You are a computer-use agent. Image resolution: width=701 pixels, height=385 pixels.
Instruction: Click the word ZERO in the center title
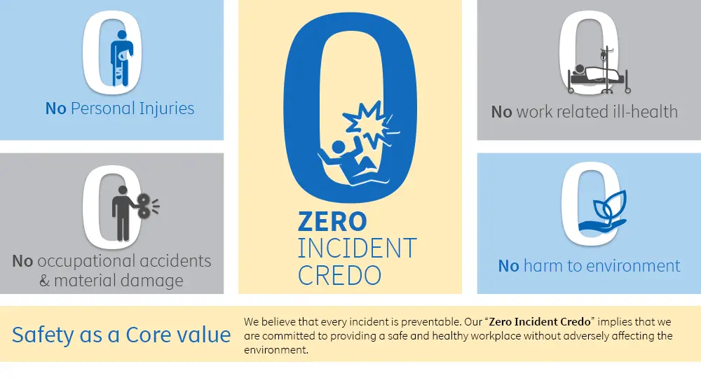click(332, 221)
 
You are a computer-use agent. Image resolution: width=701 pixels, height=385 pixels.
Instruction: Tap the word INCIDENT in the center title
click(358, 248)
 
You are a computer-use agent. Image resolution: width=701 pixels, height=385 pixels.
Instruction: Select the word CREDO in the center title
click(339, 275)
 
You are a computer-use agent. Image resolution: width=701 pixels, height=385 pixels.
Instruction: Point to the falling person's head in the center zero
click(339, 147)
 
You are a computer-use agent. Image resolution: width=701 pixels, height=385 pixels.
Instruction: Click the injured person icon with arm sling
click(121, 58)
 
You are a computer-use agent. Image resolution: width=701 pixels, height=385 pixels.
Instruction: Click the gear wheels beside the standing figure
click(144, 206)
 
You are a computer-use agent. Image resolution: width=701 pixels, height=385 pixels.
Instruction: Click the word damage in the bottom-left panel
click(150, 281)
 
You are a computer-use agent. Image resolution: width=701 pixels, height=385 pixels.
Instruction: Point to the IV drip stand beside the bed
click(606, 70)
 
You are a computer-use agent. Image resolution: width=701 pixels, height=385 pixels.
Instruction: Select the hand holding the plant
click(601, 225)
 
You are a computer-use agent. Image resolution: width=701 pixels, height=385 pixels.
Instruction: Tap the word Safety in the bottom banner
click(43, 335)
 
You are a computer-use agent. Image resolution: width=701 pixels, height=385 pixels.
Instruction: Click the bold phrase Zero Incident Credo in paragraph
click(540, 322)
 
